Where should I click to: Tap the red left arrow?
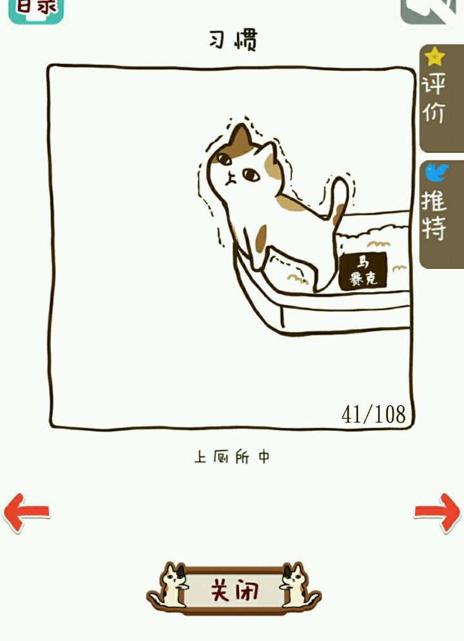26,513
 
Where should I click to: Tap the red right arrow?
437,513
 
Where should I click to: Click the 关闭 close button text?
235,590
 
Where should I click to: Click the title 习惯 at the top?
233,40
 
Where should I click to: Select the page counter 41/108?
373,414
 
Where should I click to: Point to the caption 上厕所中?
231,457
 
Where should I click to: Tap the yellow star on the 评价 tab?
434,56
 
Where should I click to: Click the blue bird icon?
436,172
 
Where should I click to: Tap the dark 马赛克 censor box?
363,271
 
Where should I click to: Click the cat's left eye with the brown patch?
224,159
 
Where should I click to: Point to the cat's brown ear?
240,137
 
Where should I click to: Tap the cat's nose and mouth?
230,178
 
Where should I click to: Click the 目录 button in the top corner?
36,10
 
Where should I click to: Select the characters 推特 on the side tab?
434,215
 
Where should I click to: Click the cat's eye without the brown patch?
251,175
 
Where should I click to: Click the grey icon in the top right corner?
429,12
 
